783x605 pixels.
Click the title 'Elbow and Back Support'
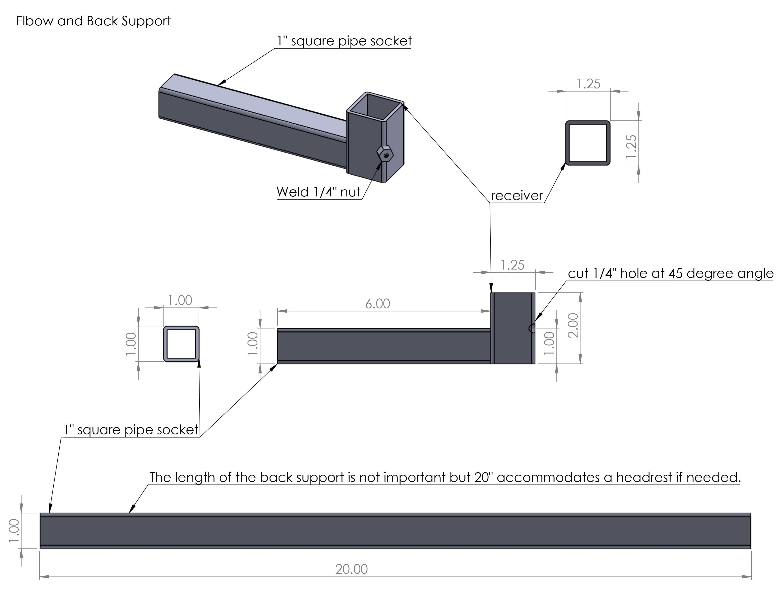(93, 21)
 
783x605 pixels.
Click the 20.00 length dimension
(351, 569)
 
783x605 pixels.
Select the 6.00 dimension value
(378, 304)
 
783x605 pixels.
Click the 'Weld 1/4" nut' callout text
(318, 192)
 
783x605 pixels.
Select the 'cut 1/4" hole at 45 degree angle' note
(671, 274)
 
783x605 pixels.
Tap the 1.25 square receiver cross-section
(588, 143)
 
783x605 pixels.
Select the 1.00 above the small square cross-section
(180, 300)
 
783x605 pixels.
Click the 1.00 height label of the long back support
(14, 531)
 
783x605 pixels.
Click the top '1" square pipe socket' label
(344, 41)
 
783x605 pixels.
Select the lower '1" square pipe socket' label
(131, 430)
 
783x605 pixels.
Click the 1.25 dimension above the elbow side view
(512, 265)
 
